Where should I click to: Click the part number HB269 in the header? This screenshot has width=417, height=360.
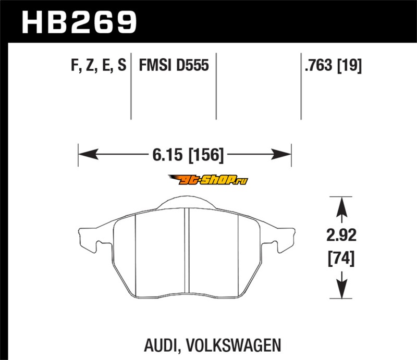79,22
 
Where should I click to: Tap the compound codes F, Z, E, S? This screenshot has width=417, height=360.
99,65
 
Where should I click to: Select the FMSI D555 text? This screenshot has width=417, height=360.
174,65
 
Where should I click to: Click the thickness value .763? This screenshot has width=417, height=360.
318,65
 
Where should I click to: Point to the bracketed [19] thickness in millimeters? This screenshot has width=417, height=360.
349,66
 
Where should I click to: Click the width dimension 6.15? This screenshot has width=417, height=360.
167,155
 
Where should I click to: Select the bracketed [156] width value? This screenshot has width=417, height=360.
206,155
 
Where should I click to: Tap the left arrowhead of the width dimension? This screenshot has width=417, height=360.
88,154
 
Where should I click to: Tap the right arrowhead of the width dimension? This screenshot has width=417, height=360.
281,154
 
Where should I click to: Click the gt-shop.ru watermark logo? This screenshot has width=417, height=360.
208,180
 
